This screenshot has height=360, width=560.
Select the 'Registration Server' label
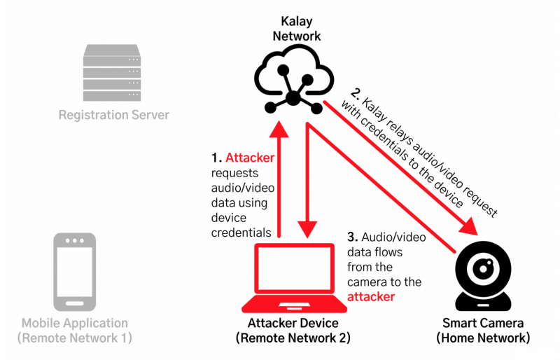click(114, 114)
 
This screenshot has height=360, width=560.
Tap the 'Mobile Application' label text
click(75, 324)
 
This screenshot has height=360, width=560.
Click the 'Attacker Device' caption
click(293, 324)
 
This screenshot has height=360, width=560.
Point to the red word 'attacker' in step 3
click(371, 297)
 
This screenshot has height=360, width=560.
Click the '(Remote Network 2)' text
click(293, 338)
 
